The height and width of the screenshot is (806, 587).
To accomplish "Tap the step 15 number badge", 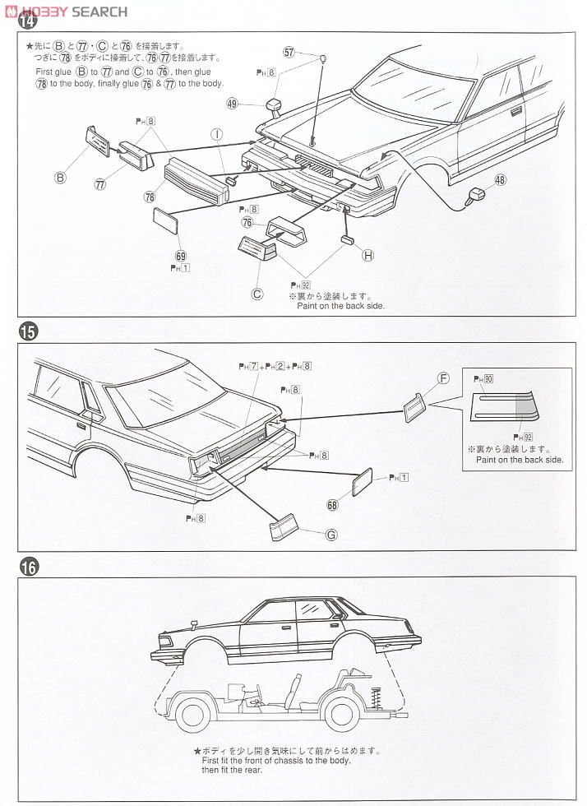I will click(27, 332).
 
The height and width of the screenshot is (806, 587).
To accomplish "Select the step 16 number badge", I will click(27, 567).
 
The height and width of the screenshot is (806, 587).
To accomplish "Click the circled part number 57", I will click(289, 52).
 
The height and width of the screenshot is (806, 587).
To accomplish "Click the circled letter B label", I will click(60, 175).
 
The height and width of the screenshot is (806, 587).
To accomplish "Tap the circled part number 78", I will click(150, 197).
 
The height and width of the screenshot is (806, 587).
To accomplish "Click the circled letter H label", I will click(367, 255).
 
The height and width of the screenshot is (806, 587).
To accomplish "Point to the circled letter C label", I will click(257, 290).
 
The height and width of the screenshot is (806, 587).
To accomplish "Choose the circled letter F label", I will click(443, 378).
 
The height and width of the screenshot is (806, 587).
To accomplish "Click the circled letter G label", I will click(332, 534).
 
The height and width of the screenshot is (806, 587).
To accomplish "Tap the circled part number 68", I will click(333, 505).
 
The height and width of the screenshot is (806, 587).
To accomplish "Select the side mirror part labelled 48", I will click(475, 196).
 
